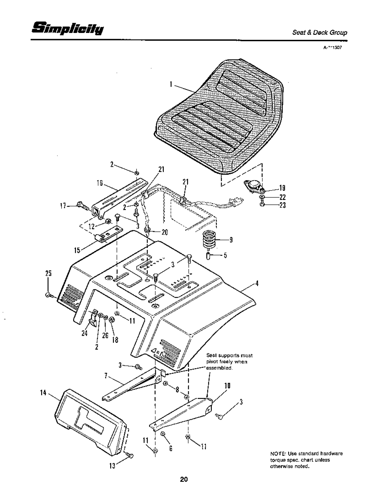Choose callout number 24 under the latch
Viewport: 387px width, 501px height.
click(85, 332)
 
